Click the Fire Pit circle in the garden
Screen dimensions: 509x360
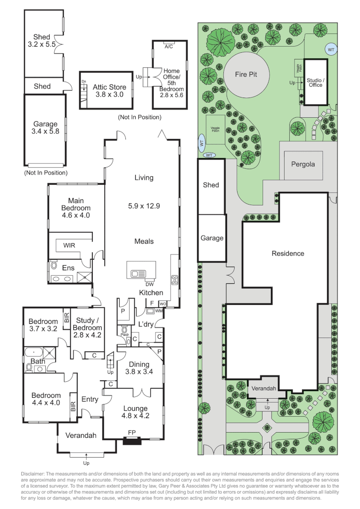pos(245,74)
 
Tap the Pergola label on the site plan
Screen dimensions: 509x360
pos(302,165)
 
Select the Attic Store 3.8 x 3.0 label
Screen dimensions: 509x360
pos(109,90)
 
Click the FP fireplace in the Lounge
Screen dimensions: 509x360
pos(132,432)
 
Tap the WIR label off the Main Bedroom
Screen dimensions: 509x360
pos(69,246)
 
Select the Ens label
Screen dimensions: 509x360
pos(68,268)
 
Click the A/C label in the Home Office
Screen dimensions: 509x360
pos(168,47)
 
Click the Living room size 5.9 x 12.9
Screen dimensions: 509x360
pos(144,206)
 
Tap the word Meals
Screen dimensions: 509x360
pos(144,241)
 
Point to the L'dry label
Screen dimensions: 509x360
pos(147,324)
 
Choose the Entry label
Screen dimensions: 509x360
pos(90,399)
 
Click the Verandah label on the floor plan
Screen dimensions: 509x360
pos(78,435)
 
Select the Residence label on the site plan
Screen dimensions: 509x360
pos(288,254)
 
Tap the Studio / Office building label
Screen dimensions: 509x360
pos(314,82)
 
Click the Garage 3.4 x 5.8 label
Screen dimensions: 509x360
pos(45,128)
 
